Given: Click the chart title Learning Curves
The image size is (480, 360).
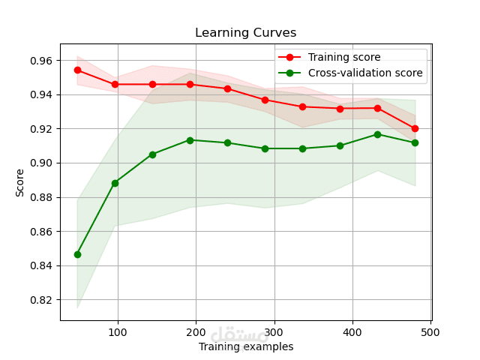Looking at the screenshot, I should pyautogui.click(x=245, y=33).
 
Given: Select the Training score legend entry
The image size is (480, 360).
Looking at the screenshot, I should pyautogui.click(x=343, y=57).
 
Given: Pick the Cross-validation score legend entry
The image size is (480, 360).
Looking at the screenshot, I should pyautogui.click(x=364, y=73).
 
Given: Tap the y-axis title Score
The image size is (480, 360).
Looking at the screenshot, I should pyautogui.click(x=20, y=182).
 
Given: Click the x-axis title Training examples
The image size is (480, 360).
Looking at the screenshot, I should pyautogui.click(x=246, y=346).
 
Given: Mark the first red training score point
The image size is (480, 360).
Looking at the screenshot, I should pyautogui.click(x=77, y=70).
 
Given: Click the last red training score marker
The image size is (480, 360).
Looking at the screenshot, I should pyautogui.click(x=415, y=128).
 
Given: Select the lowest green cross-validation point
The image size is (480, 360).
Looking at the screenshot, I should pyautogui.click(x=77, y=254).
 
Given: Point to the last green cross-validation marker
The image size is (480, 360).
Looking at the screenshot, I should pyautogui.click(x=415, y=142).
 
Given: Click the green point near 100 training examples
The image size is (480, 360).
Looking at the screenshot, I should pyautogui.click(x=115, y=183).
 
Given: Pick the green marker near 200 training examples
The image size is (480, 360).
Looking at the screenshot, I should pyautogui.click(x=190, y=140).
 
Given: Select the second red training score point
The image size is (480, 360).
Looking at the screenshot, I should pyautogui.click(x=115, y=84).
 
